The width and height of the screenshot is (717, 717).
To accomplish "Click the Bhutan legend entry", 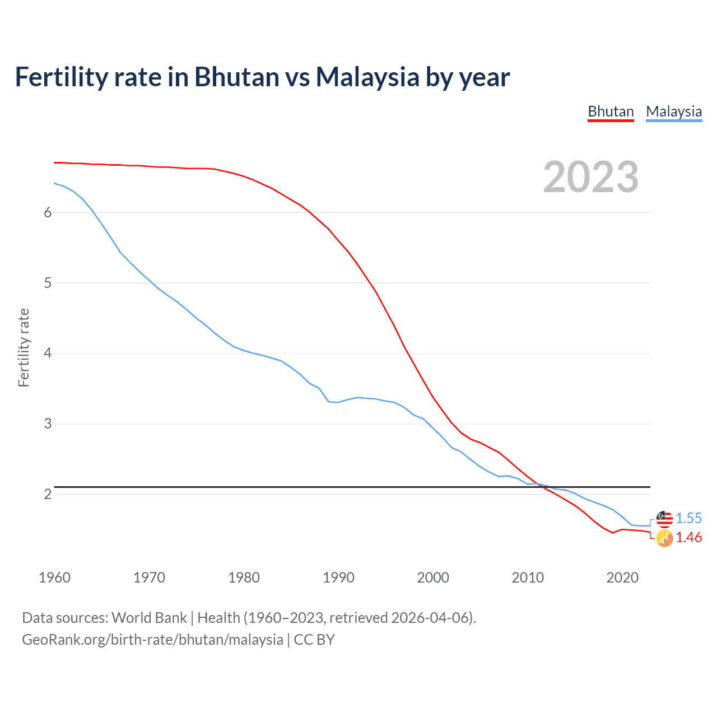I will click(611, 111).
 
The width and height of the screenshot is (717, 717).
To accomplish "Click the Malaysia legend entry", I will click(674, 111).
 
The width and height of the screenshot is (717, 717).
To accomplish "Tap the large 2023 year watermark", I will click(590, 177).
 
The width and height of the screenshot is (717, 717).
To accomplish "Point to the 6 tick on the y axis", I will click(48, 212).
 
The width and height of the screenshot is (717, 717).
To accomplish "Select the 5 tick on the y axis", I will click(48, 283).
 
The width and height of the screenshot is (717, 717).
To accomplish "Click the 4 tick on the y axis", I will click(48, 353).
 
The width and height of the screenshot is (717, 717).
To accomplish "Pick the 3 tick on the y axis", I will click(48, 424).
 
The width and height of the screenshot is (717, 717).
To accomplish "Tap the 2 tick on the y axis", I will click(48, 494).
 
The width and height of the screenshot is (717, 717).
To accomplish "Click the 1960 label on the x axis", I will click(54, 578).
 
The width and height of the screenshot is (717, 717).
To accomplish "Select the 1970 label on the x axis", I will click(149, 578).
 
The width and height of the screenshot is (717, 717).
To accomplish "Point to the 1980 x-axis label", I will click(244, 578).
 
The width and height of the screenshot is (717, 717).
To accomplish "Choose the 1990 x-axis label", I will click(338, 578).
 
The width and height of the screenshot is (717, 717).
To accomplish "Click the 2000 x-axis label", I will click(433, 578).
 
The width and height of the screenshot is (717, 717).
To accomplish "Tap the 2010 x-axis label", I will click(528, 578).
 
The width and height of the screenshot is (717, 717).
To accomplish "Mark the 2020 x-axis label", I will click(622, 578).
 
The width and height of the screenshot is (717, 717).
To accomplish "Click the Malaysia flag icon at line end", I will click(664, 519).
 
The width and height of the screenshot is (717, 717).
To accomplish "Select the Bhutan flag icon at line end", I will click(664, 539).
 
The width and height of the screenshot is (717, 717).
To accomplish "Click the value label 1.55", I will click(688, 518).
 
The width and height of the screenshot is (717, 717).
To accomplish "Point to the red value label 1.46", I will click(688, 538).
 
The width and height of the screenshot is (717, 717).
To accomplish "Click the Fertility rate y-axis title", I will click(24, 347).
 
